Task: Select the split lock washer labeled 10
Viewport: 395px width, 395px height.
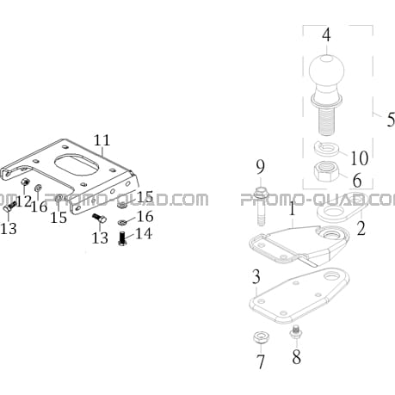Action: (327, 148)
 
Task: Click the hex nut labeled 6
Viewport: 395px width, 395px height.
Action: (326, 171)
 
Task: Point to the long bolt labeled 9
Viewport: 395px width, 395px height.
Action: (261, 206)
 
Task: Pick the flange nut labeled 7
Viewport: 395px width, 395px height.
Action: (261, 337)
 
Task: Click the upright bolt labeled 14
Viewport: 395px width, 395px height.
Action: (122, 238)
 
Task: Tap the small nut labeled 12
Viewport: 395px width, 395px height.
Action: (26, 182)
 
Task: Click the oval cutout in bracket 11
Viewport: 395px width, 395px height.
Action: (77, 165)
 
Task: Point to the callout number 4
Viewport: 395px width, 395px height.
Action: (326, 34)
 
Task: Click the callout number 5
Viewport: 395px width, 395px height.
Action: (391, 119)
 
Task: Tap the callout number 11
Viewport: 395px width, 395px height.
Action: (102, 140)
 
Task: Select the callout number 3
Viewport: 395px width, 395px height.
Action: (256, 276)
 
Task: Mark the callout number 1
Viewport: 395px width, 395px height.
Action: (292, 208)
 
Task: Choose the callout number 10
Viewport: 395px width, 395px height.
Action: (360, 157)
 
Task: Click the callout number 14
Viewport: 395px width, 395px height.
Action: (144, 233)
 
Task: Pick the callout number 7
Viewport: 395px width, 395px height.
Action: (260, 361)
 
